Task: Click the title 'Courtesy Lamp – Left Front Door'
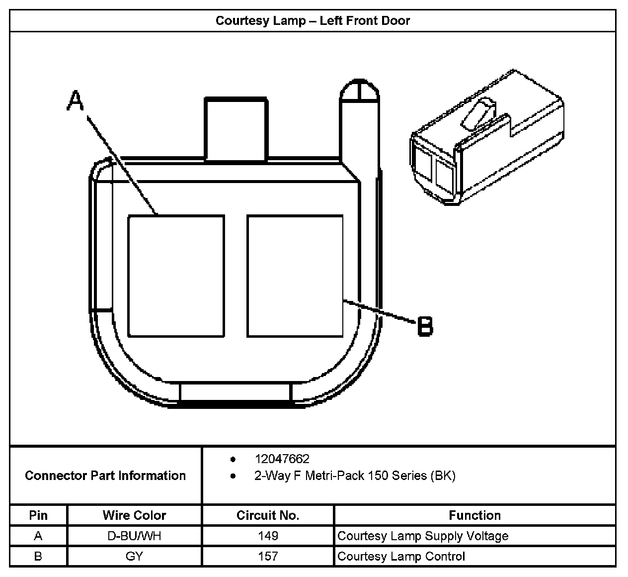point(313,21)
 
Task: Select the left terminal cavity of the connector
point(176,276)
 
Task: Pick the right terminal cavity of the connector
point(295,276)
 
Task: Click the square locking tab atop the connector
point(236,129)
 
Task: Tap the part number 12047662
point(282,459)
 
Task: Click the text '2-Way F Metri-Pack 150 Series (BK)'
point(355,476)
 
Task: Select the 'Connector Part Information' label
point(105,476)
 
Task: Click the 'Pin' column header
point(38,515)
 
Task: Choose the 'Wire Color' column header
point(134,515)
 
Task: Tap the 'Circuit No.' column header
point(268,515)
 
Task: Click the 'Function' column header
point(474,515)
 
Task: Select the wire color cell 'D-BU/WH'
point(134,536)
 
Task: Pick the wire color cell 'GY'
point(134,556)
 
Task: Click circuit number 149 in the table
point(268,536)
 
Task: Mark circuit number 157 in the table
point(268,556)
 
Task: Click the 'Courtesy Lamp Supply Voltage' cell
point(423,536)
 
